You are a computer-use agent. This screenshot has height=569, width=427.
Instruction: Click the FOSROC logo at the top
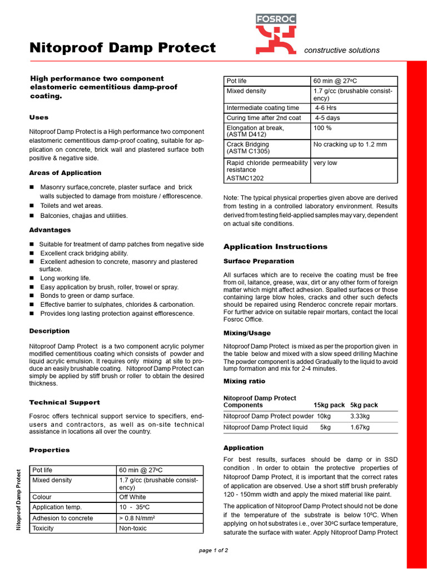[276, 35]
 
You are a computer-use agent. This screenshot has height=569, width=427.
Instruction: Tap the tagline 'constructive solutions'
[342, 50]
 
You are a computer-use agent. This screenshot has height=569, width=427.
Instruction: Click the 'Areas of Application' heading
[65, 173]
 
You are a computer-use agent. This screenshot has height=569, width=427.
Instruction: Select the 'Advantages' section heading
[50, 230]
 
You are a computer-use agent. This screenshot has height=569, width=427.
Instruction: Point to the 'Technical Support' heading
[64, 402]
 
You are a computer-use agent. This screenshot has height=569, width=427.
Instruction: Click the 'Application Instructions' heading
[275, 247]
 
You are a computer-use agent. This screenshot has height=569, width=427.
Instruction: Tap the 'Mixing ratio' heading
[244, 381]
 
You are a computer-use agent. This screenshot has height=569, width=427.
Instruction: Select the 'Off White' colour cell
[132, 497]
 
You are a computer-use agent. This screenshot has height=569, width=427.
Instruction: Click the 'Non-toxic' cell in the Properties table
[133, 528]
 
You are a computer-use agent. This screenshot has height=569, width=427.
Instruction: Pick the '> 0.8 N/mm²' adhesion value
[136, 518]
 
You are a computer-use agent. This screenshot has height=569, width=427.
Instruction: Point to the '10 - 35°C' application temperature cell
[135, 507]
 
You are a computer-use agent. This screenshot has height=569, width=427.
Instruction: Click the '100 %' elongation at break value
[322, 128]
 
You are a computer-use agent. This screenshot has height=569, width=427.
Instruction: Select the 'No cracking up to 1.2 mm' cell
[350, 144]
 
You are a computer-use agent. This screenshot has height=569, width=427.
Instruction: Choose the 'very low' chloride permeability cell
[325, 163]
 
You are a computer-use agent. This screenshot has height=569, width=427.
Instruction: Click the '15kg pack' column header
[329, 405]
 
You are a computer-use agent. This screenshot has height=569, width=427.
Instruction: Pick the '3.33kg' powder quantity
[360, 416]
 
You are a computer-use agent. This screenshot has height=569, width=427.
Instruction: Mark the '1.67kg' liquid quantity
[360, 427]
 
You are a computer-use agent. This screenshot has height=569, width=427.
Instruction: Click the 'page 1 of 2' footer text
[213, 550]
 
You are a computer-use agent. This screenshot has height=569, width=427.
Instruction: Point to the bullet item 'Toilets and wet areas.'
[71, 206]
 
